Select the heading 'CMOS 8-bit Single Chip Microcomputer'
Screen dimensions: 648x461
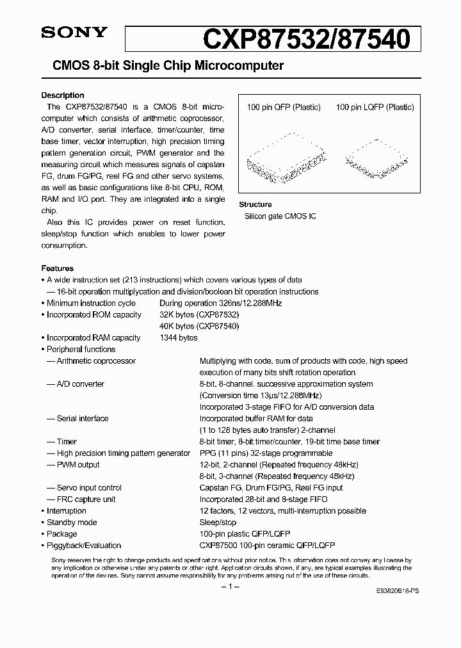pos(163,66)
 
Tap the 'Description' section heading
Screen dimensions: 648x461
pos(63,95)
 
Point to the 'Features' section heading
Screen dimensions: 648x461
pos(58,268)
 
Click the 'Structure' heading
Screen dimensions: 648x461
pos(255,204)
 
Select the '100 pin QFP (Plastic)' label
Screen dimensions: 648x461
pos(284,108)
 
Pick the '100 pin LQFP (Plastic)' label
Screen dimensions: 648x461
pos(375,108)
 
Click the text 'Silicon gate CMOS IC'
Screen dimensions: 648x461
pos(280,216)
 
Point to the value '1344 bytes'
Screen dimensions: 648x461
pos(179,337)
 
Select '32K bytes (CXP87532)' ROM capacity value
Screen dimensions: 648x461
pos(198,314)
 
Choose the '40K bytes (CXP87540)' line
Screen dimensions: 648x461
pos(198,326)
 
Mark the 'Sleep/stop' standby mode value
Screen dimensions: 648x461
pos(218,522)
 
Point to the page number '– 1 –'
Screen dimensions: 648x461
pos(230,587)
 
